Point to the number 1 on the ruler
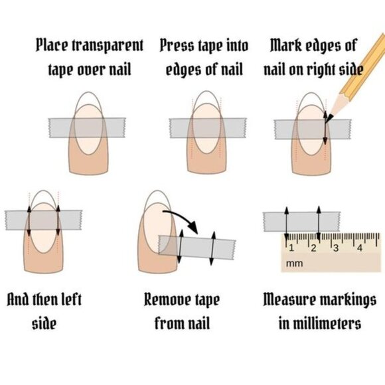click(290, 247)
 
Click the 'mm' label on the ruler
click(293, 264)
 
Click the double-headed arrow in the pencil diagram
click(325, 129)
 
